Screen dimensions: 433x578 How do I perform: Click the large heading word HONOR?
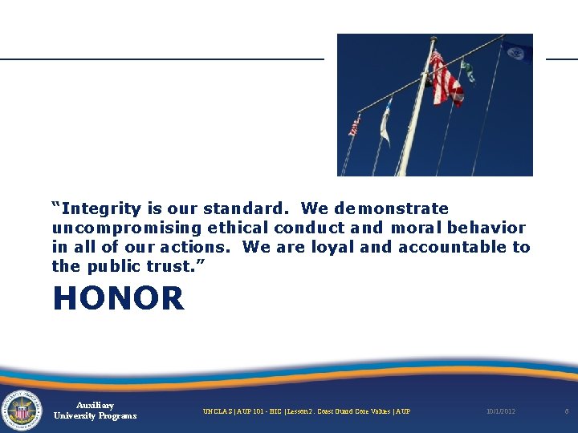pos(118,299)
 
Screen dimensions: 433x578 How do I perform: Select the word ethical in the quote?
pos(238,229)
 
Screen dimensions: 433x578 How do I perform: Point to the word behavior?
pos(486,228)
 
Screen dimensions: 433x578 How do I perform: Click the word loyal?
pos(332,247)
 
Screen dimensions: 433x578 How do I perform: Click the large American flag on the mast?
pos(446,79)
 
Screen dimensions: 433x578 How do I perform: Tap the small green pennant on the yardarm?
pos(468,71)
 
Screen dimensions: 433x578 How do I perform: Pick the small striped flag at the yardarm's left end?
pos(354,127)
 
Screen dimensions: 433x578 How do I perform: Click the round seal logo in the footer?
pos(22,411)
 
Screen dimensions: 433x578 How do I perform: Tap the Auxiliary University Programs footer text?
pos(95,411)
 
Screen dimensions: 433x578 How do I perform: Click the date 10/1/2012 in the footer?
pos(501,411)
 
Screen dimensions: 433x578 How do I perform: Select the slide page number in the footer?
pos(566,411)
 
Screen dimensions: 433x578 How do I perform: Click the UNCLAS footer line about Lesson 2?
pos(306,411)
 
